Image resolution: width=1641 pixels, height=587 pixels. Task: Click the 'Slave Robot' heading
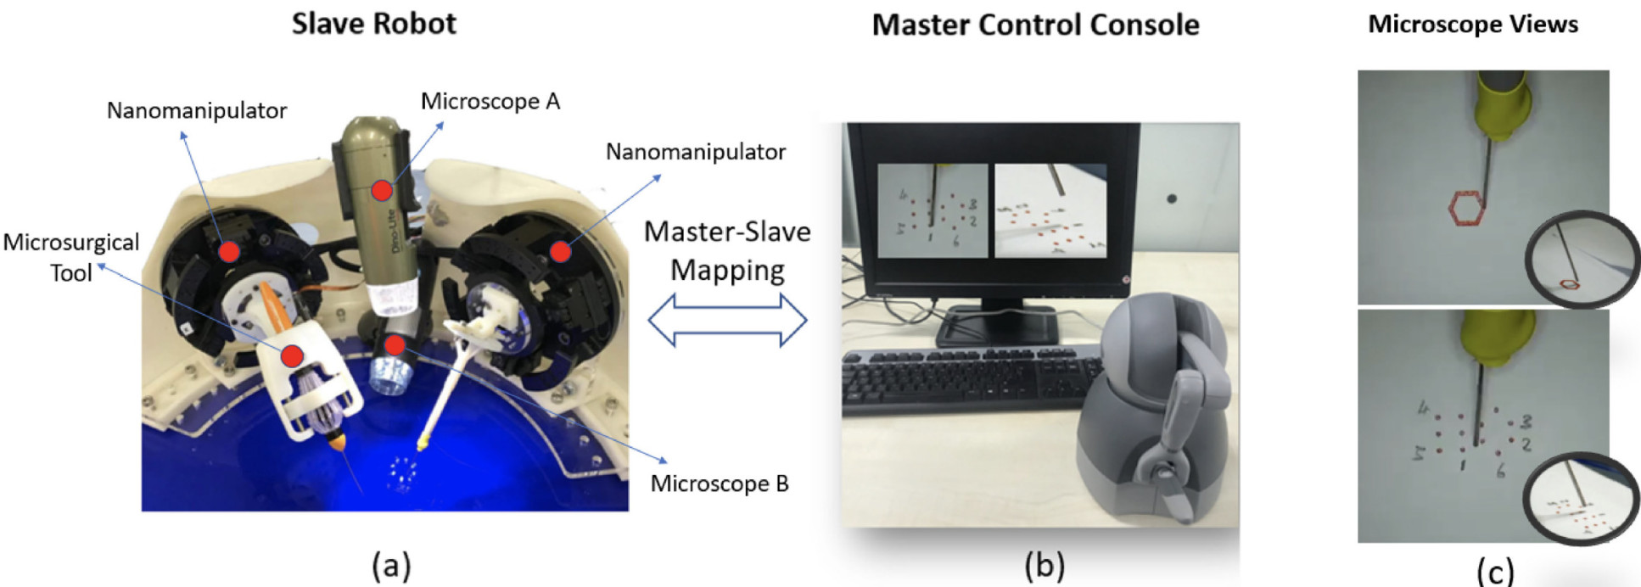click(373, 24)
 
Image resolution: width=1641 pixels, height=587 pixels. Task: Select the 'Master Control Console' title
click(1035, 25)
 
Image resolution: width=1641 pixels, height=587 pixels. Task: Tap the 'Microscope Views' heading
click(1473, 25)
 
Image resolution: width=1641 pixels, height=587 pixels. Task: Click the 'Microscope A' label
click(490, 102)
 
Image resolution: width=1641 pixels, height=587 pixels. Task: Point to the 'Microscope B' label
click(720, 484)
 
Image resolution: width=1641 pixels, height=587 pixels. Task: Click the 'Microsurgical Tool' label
click(71, 257)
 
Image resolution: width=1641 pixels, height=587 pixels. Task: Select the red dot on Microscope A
click(382, 189)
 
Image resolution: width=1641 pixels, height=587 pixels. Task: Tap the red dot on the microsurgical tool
click(293, 355)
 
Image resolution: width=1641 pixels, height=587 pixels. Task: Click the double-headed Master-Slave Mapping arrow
click(727, 321)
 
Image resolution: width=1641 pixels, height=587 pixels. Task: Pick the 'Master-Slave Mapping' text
click(727, 251)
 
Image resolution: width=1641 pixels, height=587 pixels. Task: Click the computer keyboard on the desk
click(967, 382)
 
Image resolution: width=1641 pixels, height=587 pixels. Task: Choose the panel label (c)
click(1495, 571)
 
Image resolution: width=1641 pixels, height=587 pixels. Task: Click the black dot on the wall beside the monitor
click(1172, 198)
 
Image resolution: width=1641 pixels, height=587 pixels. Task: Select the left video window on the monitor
click(933, 210)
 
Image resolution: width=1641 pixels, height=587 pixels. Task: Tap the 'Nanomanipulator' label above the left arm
click(197, 110)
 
